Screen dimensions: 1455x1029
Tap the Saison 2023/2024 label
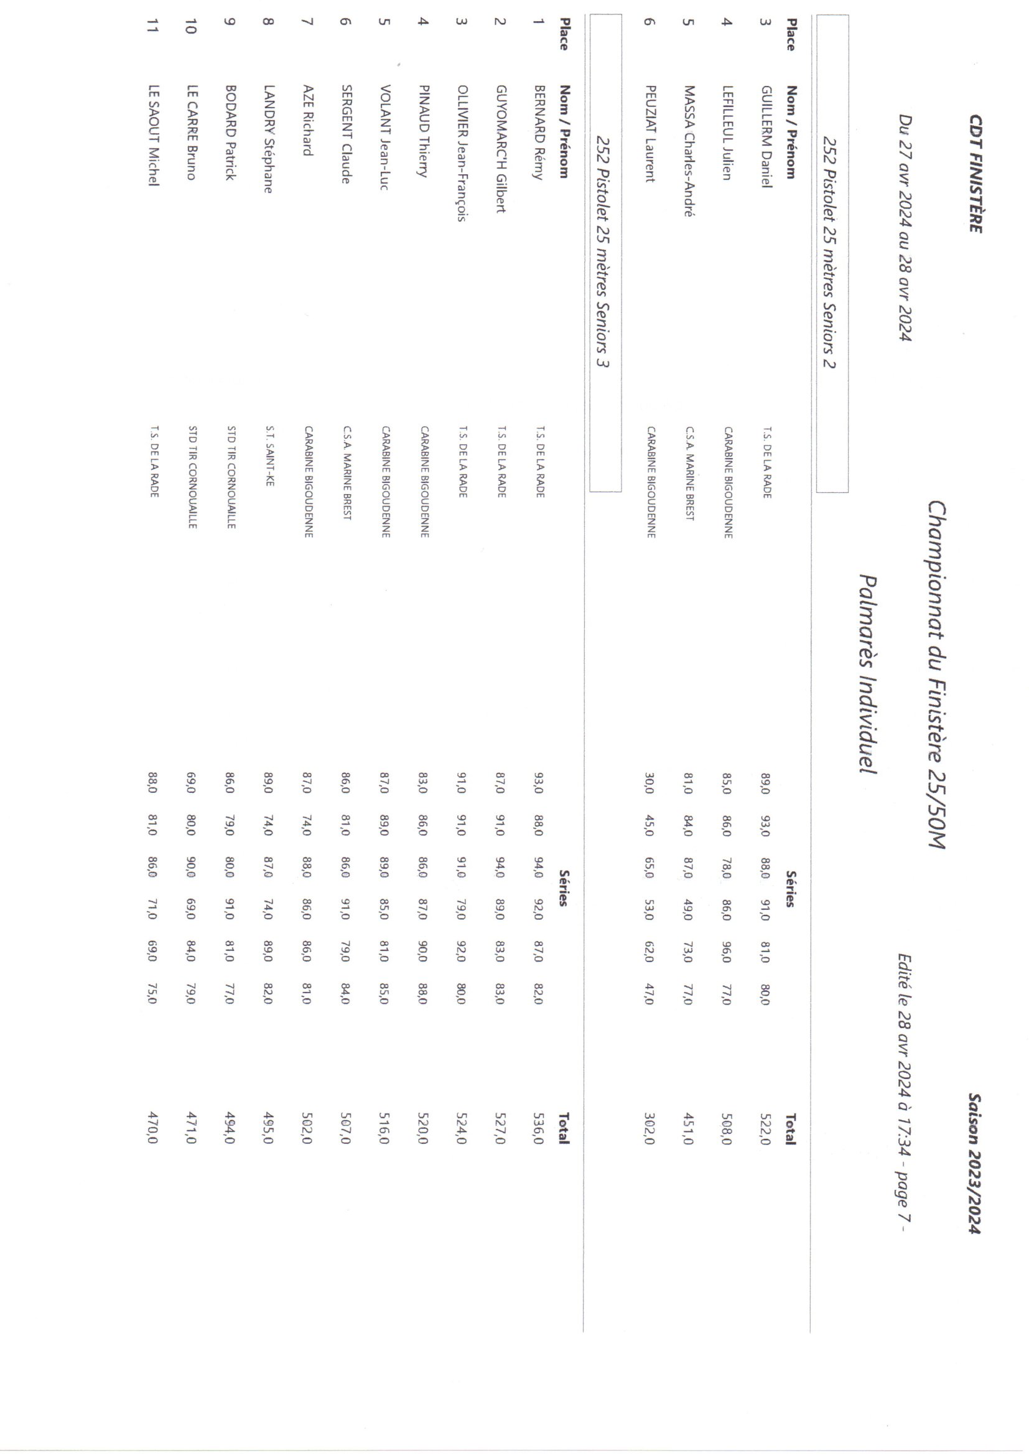point(975,1163)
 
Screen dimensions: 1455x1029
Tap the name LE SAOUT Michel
point(152,136)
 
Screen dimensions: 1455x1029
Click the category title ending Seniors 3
point(605,253)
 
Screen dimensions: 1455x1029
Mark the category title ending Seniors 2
point(831,253)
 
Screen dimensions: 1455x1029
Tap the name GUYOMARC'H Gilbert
point(501,149)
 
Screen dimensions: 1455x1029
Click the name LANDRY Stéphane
point(269,139)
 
